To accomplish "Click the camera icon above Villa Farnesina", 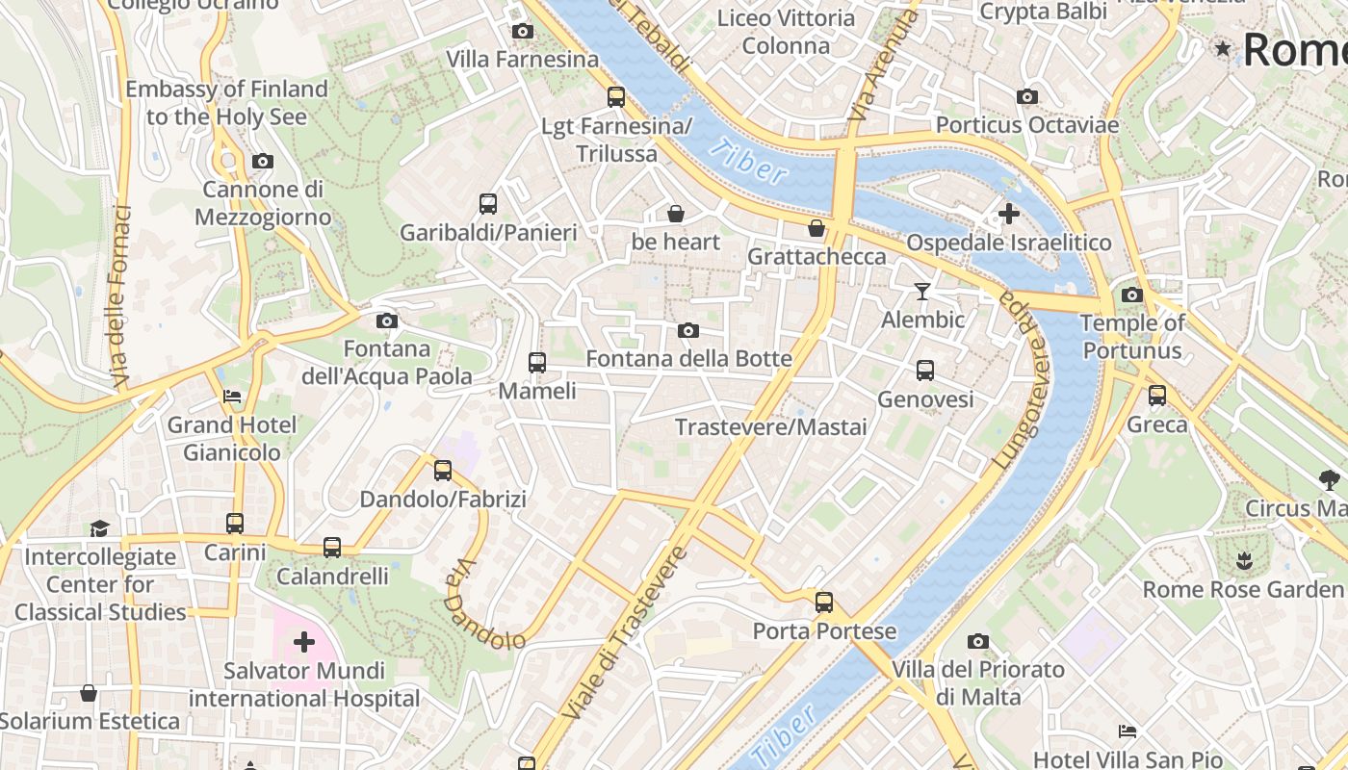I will (x=523, y=32).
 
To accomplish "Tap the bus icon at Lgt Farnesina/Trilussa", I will (x=616, y=97).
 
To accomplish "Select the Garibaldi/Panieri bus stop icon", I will (x=488, y=204).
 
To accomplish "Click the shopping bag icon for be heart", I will (x=676, y=214).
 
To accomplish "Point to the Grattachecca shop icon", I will (x=817, y=228).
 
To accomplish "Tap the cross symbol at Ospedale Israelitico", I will (x=1008, y=214).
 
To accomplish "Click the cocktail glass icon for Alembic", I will (x=922, y=291).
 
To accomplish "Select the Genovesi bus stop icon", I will (x=925, y=371).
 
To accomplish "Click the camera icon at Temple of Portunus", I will (x=1132, y=295).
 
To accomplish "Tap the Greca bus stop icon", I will (x=1157, y=396).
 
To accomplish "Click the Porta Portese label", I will (x=824, y=632).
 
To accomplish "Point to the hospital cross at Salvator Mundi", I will (x=304, y=641).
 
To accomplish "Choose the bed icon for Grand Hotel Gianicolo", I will (x=232, y=396).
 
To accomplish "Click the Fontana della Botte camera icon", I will (x=688, y=331).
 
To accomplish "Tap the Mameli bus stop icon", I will (x=537, y=363).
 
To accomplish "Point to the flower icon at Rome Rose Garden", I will (x=1243, y=559).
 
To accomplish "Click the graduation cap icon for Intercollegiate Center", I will (x=100, y=527).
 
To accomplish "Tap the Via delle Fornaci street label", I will (x=119, y=296).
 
